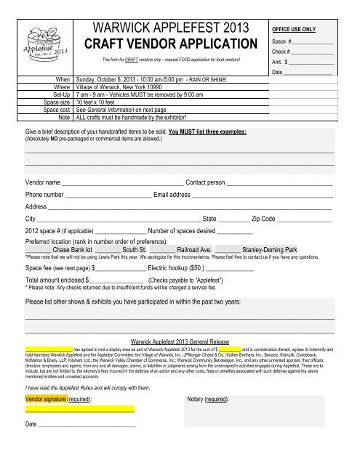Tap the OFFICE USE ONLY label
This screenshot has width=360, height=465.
point(294,28)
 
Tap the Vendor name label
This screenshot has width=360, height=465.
point(43,182)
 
